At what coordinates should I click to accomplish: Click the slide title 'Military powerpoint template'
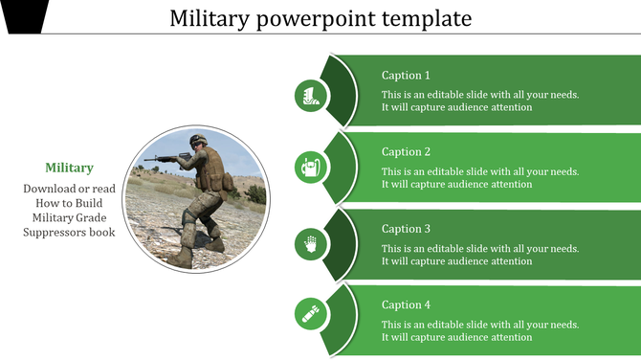(x=320, y=18)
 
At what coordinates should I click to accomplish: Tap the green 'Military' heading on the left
(x=69, y=168)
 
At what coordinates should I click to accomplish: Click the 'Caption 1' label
(x=406, y=75)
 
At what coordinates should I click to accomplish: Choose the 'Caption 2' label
(x=406, y=151)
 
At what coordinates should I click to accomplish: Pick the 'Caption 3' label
(x=406, y=229)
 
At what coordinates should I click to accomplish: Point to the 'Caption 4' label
(x=406, y=305)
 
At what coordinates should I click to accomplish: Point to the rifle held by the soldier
(x=167, y=156)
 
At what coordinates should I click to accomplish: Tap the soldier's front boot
(x=182, y=258)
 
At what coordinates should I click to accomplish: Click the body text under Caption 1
(x=479, y=101)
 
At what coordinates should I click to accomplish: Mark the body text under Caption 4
(x=479, y=331)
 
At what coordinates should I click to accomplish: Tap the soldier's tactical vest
(x=210, y=170)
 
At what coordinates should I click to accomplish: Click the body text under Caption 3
(x=479, y=255)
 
